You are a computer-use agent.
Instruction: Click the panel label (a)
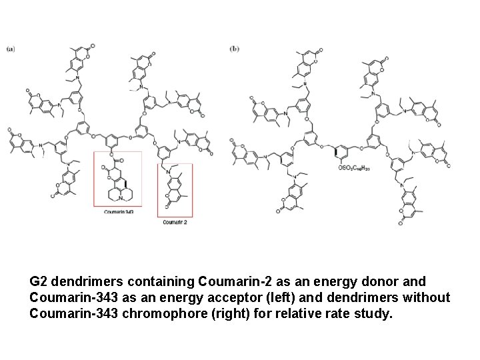tap(11, 48)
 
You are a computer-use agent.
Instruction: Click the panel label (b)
tap(235, 48)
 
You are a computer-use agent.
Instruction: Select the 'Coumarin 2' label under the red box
tap(175, 222)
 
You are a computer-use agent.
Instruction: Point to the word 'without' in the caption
tap(427, 297)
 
